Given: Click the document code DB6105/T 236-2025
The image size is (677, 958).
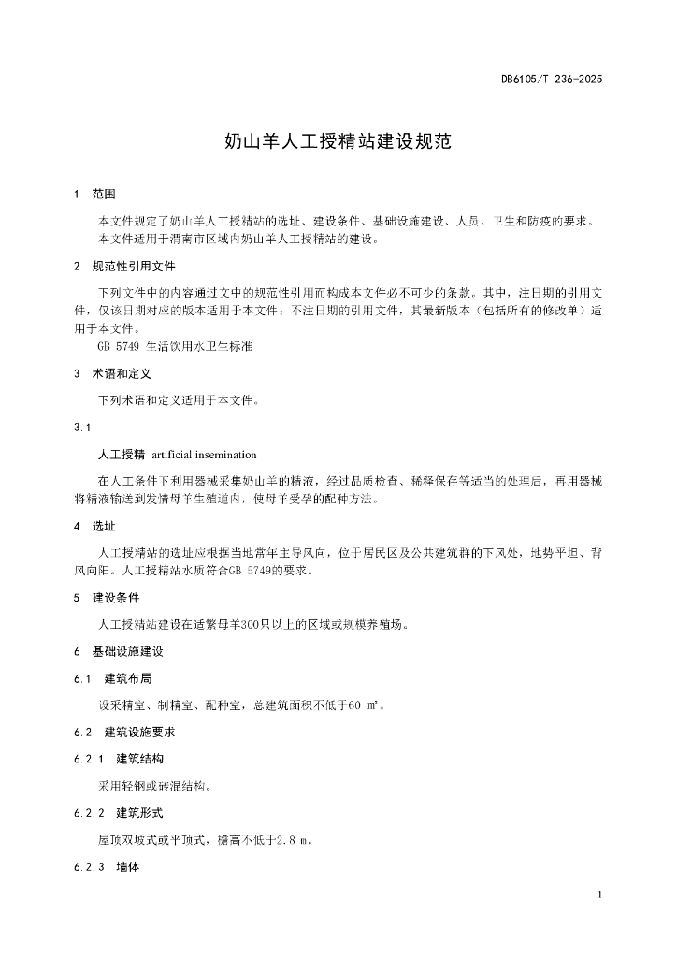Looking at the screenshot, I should point(551,80).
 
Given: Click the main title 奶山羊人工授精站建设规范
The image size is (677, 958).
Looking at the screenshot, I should point(338,142).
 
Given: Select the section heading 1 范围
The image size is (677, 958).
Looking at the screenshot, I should point(94,195).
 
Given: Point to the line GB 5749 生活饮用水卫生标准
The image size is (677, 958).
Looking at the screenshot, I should point(175,346).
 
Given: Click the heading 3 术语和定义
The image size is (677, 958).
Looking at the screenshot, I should point(115,373).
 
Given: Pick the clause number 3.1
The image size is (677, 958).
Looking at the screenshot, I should point(81,428).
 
